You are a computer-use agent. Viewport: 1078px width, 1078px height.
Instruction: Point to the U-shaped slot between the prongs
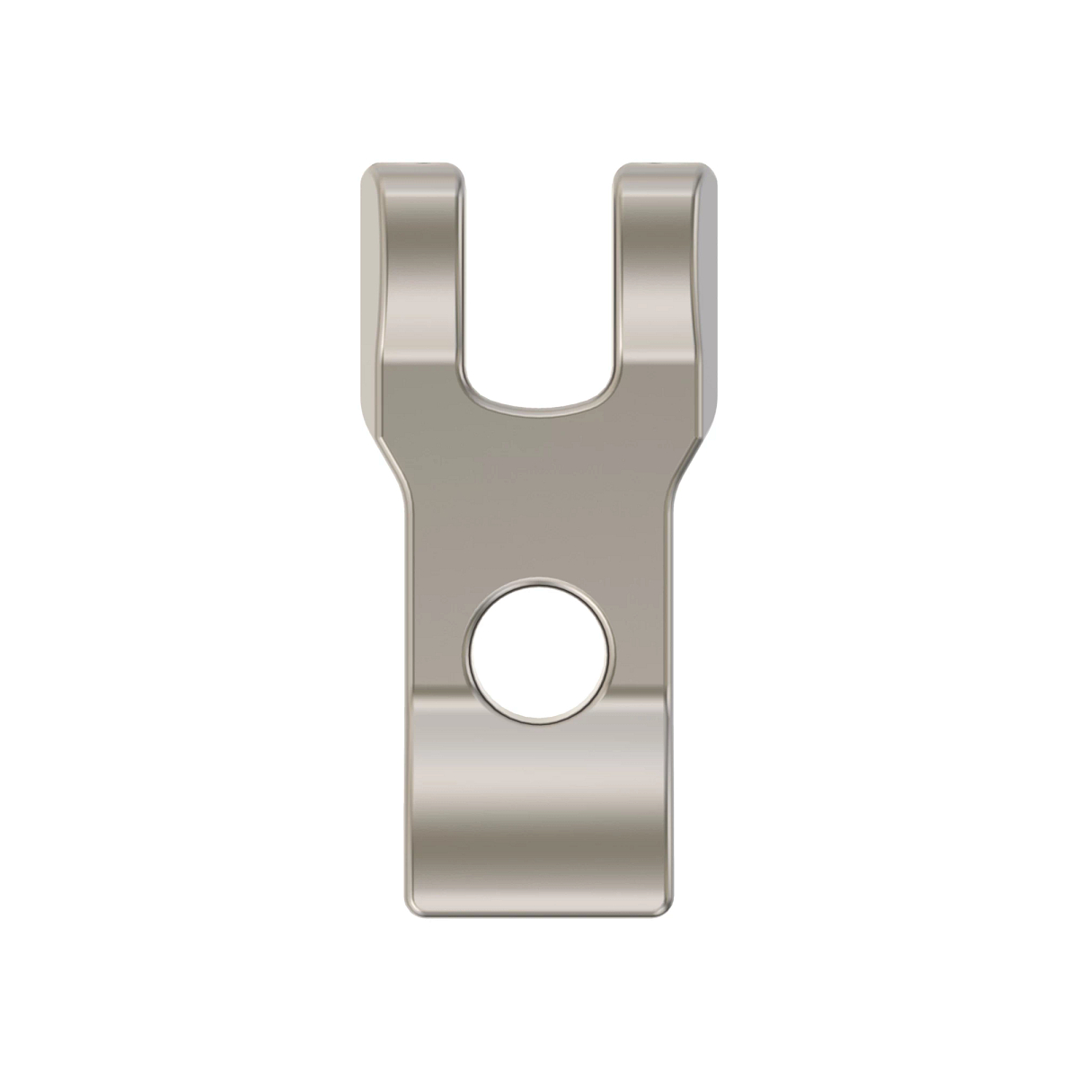click(x=539, y=287)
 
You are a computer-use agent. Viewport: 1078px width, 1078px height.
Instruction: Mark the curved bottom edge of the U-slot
click(x=539, y=409)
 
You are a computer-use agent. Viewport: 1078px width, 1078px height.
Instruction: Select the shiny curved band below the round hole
click(x=539, y=791)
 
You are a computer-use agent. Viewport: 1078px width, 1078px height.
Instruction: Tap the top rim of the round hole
click(x=539, y=583)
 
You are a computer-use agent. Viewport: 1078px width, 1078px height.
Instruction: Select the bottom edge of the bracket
click(x=539, y=916)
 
